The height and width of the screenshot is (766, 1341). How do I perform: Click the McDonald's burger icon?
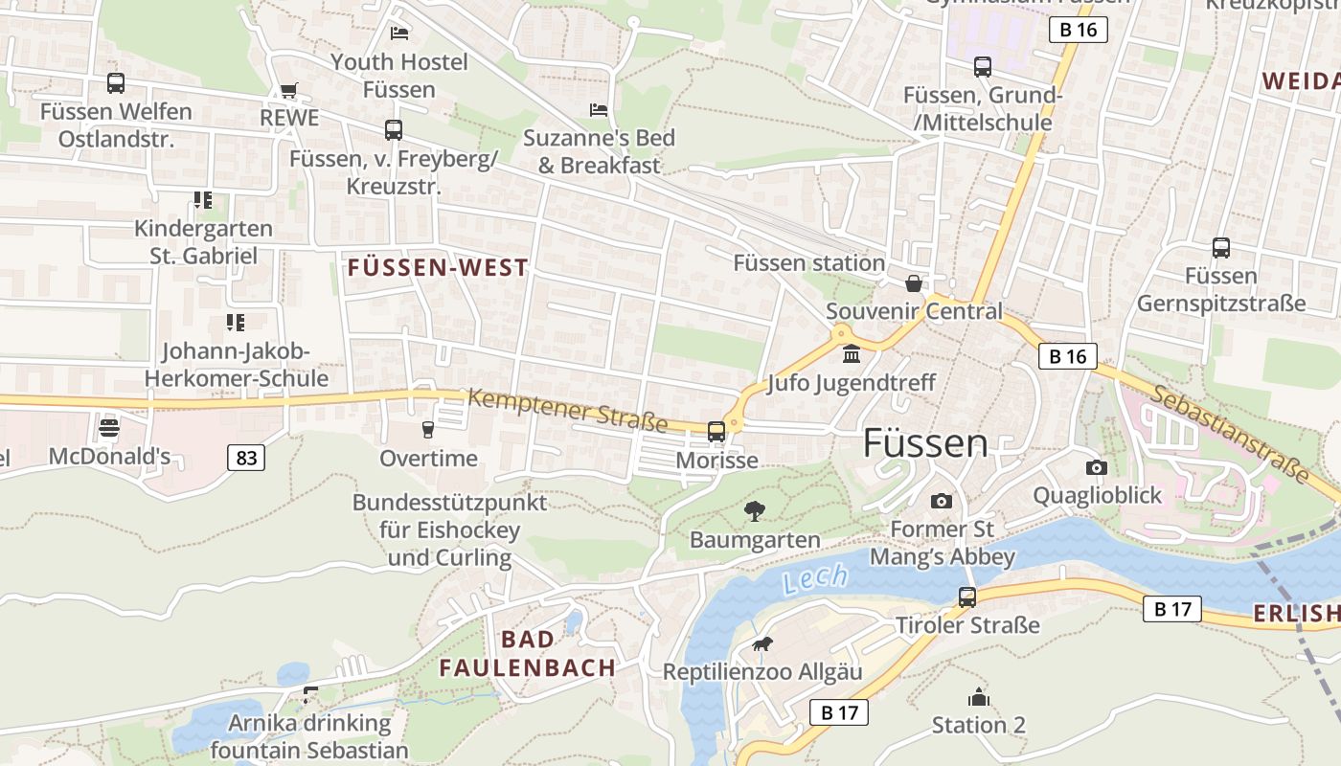pos(109,427)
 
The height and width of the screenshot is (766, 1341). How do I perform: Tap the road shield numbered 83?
pos(246,458)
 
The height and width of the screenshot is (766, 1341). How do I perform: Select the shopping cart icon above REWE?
pos(288,90)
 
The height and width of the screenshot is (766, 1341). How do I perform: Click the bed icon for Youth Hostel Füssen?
pos(399,34)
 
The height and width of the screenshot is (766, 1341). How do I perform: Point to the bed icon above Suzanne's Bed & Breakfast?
pos(599,110)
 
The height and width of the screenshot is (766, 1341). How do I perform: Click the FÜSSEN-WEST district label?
pos(438,268)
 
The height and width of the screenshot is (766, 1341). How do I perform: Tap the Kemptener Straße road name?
pos(567,410)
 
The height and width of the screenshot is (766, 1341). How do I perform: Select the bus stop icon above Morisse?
pos(716,432)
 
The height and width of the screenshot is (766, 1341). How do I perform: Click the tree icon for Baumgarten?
pos(755,510)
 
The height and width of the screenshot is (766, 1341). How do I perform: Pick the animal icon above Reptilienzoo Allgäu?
pos(762,643)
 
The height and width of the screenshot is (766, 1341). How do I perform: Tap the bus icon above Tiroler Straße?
pos(967,597)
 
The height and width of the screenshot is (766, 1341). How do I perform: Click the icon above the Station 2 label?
pos(978,697)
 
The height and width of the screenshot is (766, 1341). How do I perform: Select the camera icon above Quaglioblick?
pos(1097,467)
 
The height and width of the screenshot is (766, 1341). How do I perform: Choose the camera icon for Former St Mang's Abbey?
pos(942,501)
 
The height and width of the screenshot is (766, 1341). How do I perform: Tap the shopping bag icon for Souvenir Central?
pos(914,283)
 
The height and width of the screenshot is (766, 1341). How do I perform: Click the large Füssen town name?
pos(925,443)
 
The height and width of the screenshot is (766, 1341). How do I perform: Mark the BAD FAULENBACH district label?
pos(528,654)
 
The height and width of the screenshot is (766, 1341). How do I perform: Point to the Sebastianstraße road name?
pos(1230,433)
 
